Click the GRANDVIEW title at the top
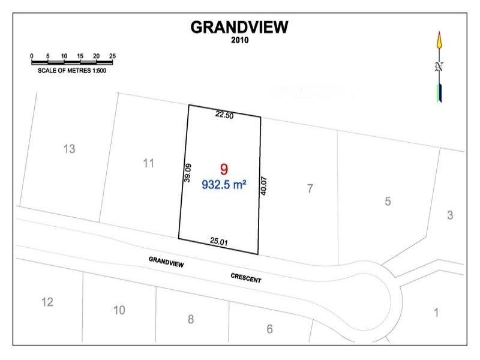tap(239, 27)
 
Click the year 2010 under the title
tap(239, 40)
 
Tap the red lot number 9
tap(224, 170)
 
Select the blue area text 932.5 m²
tap(224, 185)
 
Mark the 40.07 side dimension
tap(263, 184)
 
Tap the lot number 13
tap(69, 148)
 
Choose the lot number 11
tap(149, 163)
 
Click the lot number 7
tap(310, 188)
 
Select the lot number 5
tap(388, 202)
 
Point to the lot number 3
tap(450, 215)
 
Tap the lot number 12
tap(47, 302)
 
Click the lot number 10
tap(119, 310)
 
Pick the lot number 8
tap(191, 319)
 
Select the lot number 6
tap(269, 329)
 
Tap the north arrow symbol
tap(439, 66)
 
